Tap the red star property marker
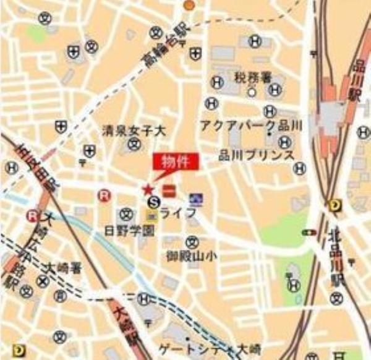tap(147, 189)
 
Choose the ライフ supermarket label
tap(178, 213)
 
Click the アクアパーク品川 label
tap(250, 126)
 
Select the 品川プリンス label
tap(257, 155)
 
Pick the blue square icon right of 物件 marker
tap(196, 199)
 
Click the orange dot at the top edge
tap(189, 5)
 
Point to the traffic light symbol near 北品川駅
tap(307, 233)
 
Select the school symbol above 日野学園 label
tap(127, 214)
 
